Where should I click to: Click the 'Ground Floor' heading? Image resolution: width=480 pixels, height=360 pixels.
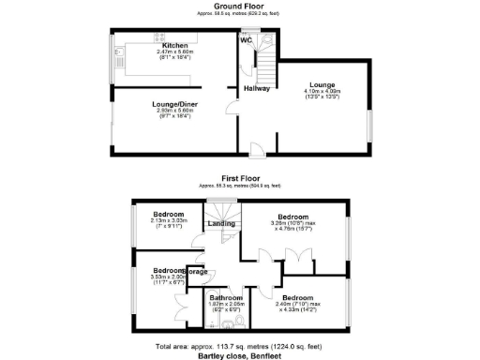[239, 7]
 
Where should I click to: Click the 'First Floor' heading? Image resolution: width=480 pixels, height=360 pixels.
[240, 176]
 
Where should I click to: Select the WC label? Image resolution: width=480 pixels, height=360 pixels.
[247, 41]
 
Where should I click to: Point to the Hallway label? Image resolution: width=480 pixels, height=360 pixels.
[257, 88]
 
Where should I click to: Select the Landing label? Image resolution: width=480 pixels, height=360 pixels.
[221, 223]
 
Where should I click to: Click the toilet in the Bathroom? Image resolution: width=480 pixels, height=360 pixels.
[242, 322]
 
